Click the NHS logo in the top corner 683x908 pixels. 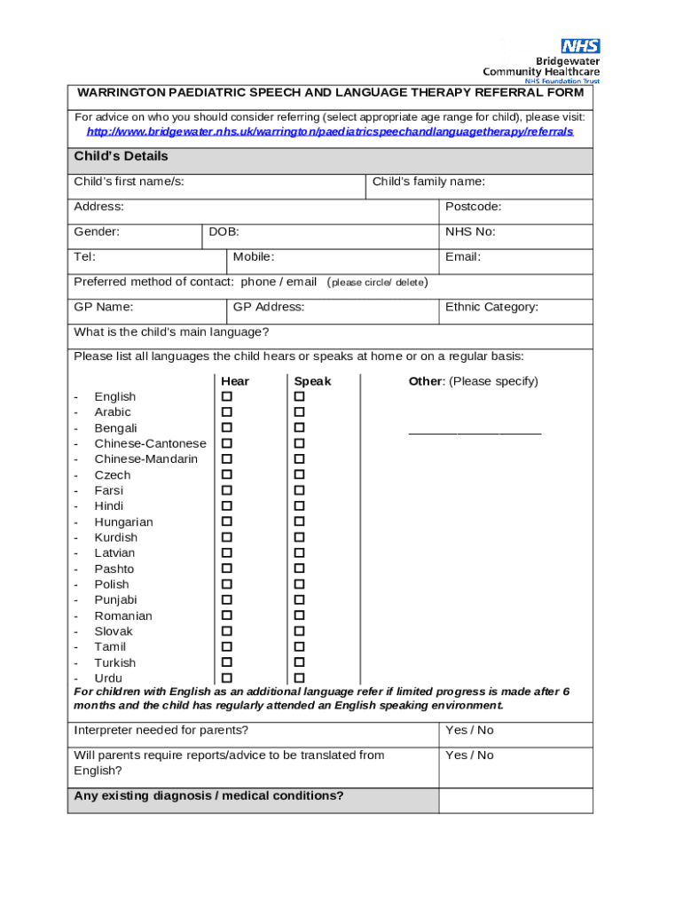(x=580, y=45)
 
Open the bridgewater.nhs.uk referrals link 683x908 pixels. (x=329, y=131)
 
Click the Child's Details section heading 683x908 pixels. (x=121, y=157)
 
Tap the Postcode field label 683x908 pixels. (x=473, y=207)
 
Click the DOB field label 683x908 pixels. (x=224, y=232)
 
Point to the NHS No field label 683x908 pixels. (x=470, y=232)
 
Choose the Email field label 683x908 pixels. (x=463, y=257)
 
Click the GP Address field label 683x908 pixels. (x=268, y=307)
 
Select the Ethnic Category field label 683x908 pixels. (x=491, y=307)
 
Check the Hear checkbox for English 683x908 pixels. (x=227, y=396)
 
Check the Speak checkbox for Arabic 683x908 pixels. (x=299, y=412)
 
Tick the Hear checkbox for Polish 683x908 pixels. (x=227, y=584)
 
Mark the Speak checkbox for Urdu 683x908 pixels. (x=299, y=678)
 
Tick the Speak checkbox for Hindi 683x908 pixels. (x=299, y=506)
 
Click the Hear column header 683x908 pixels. (x=235, y=381)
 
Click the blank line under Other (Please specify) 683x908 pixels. (x=475, y=433)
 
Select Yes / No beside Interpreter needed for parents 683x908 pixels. (x=469, y=731)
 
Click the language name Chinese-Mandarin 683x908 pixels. (x=146, y=459)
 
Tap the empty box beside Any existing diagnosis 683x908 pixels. (x=515, y=800)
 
